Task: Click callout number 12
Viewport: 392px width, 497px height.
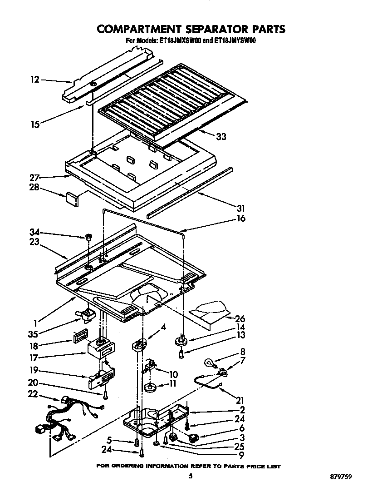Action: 35,80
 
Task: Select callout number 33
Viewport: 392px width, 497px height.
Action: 222,136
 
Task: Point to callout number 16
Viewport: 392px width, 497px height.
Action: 241,219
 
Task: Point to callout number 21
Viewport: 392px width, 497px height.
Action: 240,400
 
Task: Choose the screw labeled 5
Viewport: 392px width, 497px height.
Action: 137,442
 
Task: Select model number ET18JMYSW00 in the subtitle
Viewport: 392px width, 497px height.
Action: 233,41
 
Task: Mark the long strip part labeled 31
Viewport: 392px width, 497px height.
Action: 191,192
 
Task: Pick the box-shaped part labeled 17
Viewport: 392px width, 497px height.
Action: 99,348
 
